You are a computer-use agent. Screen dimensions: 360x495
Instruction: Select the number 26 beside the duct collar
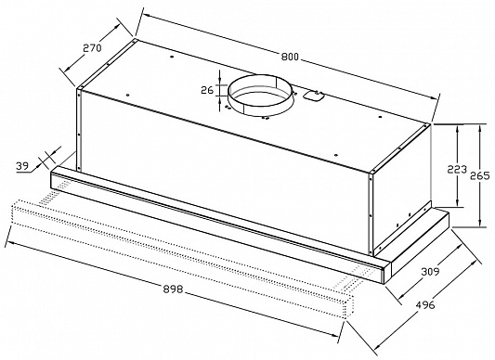point(206,90)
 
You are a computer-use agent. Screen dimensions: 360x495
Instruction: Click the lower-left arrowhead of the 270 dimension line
point(64,74)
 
